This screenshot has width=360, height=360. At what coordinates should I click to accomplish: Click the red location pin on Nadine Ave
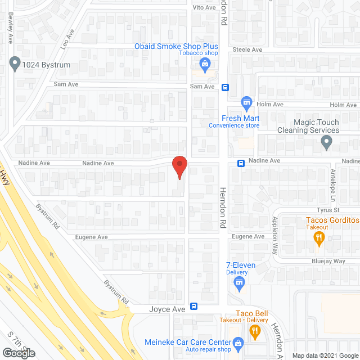pos(179,167)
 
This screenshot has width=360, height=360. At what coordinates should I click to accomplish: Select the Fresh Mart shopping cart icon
pos(246,103)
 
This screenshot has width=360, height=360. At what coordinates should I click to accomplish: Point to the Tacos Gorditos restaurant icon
pos(319,238)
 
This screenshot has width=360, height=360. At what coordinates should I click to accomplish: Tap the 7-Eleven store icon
pos(240,283)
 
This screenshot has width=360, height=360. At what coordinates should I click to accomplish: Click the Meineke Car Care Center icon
pos(238,342)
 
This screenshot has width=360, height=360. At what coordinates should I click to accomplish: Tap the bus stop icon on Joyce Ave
pos(194,307)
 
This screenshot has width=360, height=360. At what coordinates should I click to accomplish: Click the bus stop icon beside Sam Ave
pos(225,87)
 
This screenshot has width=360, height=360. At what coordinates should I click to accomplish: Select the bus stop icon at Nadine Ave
pos(240,163)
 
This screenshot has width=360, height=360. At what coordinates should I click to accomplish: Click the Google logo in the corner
pos(19,353)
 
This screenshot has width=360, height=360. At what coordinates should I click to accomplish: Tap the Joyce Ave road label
pos(167,309)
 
